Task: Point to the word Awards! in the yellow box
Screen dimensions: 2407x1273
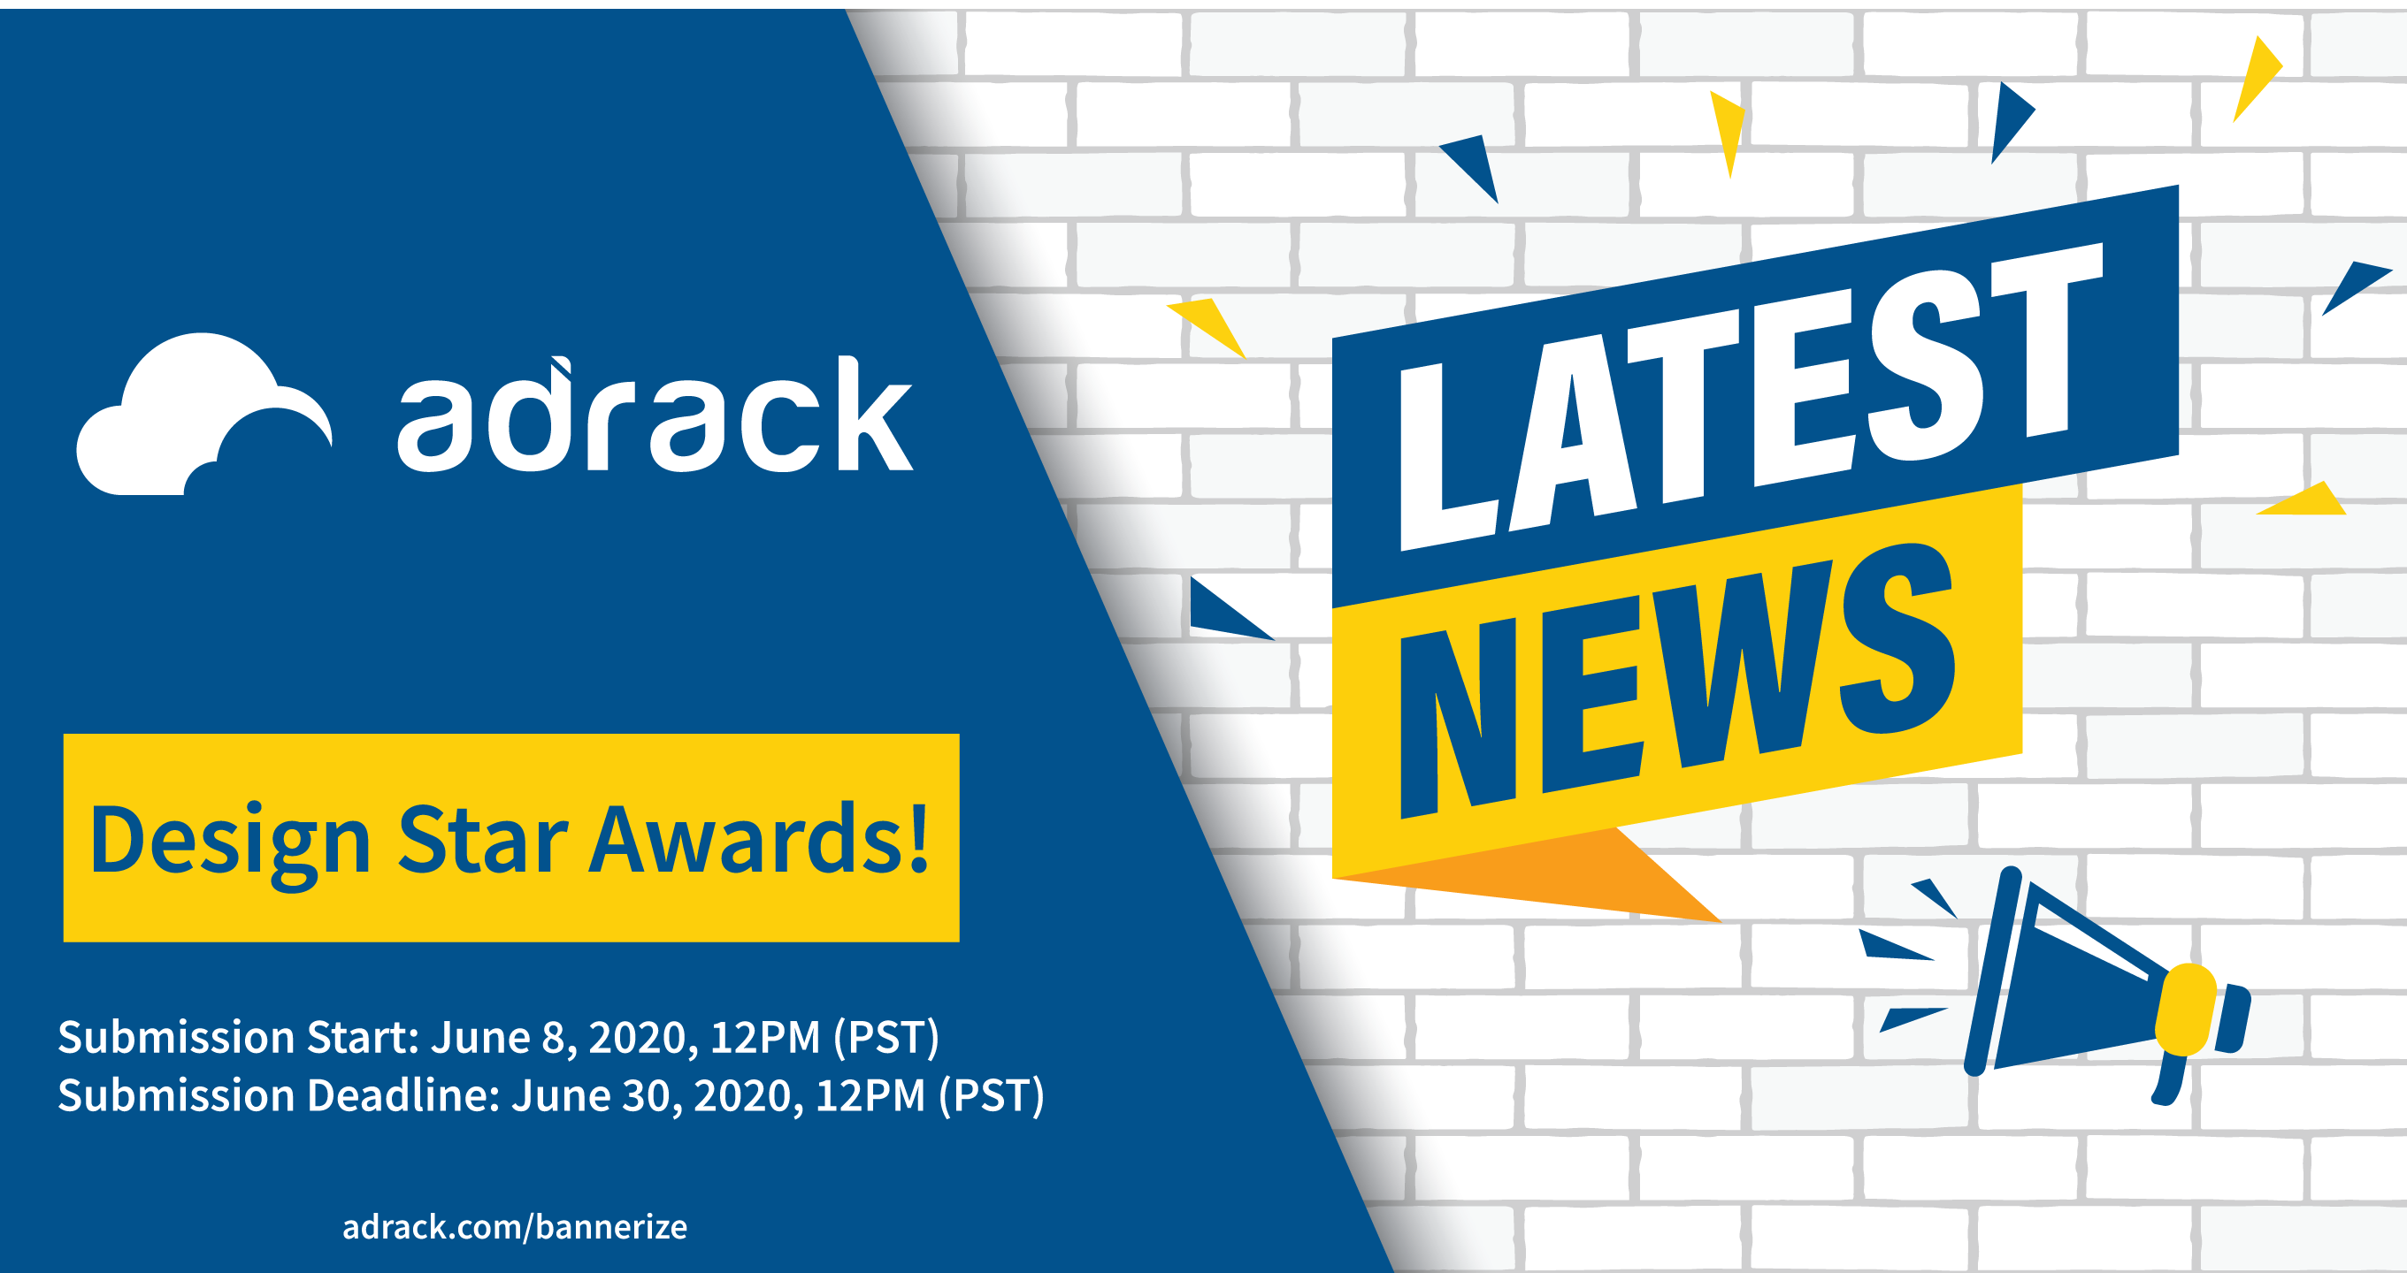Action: [x=759, y=838]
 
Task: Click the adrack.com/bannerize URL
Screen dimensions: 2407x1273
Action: [x=515, y=1226]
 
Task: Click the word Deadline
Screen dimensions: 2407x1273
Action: [x=403, y=1094]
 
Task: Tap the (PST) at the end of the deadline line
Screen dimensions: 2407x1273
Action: [x=992, y=1095]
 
